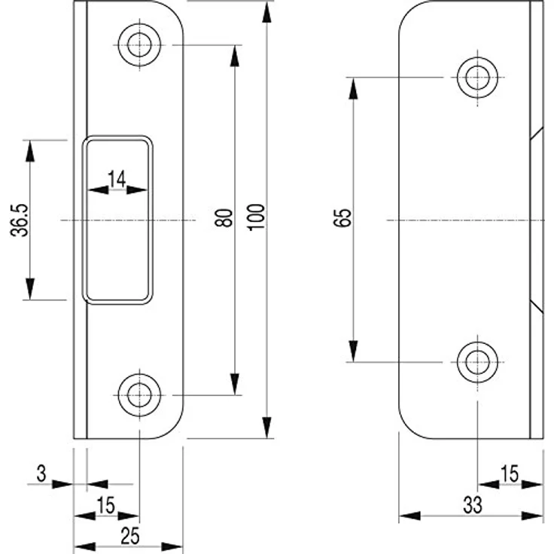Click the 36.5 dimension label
19,220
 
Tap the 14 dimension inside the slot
117,179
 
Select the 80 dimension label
224,218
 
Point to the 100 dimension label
256,217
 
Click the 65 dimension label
342,218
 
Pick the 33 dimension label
473,505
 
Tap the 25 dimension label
130,537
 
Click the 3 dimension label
41,473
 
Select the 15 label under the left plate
105,505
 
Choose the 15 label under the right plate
510,473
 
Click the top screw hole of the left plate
139,45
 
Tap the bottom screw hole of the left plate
139,395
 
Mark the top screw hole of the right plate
478,77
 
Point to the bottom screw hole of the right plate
478,362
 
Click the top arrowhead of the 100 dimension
267,11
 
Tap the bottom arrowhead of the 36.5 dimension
30,289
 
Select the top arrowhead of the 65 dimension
353,88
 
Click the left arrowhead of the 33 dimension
409,516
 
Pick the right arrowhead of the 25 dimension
172,546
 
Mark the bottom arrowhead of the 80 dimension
235,384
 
